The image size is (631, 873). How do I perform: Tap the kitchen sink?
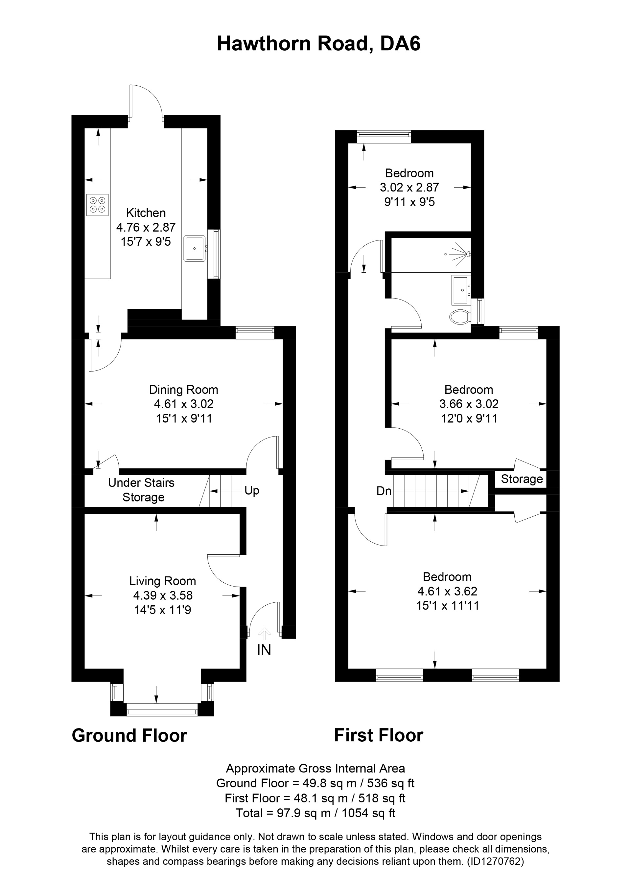click(x=195, y=249)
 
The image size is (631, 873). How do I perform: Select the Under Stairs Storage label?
click(x=141, y=490)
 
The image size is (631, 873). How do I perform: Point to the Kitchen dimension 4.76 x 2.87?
click(x=146, y=227)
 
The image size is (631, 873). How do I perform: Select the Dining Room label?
click(x=183, y=390)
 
